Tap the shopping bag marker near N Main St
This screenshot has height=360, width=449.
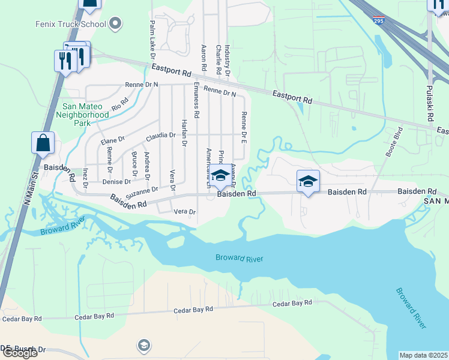tap(43, 143)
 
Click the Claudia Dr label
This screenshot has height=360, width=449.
tap(160, 136)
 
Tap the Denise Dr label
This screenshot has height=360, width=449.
tap(116, 181)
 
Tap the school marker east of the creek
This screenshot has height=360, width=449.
tap(308, 181)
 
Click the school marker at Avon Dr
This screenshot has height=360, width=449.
tap(220, 176)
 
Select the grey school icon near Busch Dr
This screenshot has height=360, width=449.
tap(143, 345)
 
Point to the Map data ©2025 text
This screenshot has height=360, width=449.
tap(424, 355)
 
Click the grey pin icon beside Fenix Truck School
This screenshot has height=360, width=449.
tap(116, 24)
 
